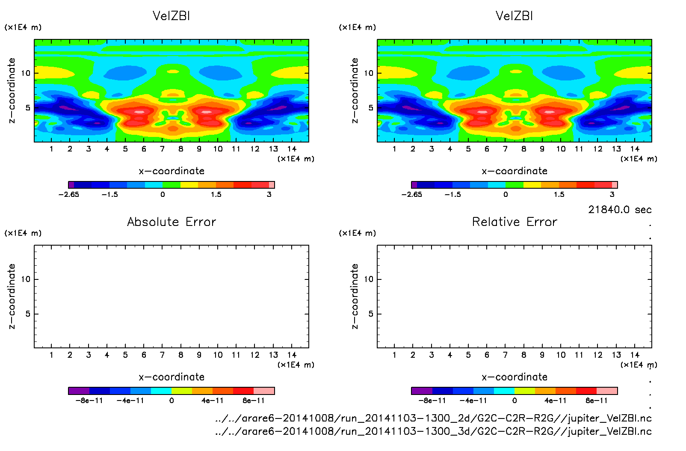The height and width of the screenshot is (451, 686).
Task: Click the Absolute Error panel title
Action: pos(171,222)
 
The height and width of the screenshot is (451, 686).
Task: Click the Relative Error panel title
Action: pos(514,222)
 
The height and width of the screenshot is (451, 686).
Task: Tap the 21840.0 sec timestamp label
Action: pos(620,210)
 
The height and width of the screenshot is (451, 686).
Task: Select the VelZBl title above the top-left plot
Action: pos(171,16)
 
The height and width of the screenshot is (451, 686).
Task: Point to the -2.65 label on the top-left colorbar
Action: pos(69,194)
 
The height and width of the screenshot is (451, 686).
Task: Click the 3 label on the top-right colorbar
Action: pos(612,194)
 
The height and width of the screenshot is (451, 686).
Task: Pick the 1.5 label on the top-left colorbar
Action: pos(216,194)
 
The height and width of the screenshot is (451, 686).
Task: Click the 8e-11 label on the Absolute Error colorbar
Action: pos(254,401)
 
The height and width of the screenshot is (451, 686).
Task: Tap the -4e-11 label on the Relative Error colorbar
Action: pos(473,401)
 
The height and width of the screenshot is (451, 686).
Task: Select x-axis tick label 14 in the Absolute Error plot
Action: pos(292,355)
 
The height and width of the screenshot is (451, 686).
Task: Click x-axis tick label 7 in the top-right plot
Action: pos(505,149)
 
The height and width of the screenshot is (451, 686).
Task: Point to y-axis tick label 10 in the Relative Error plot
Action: pos(369,279)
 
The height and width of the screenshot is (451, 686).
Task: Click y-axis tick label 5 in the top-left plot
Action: pos(28,108)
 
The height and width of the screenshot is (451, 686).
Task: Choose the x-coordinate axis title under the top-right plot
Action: pos(514,171)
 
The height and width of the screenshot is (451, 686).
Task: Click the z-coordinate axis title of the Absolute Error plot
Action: pos(12,296)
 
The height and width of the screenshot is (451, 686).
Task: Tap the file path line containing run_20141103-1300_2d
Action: pos(433,418)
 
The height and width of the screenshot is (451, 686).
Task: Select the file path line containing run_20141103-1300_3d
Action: pos(433,431)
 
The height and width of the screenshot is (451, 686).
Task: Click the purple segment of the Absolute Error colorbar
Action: pos(79,391)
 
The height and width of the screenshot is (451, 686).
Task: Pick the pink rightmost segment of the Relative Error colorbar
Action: pos(607,391)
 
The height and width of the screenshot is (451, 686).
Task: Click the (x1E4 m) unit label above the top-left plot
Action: pos(23,27)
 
